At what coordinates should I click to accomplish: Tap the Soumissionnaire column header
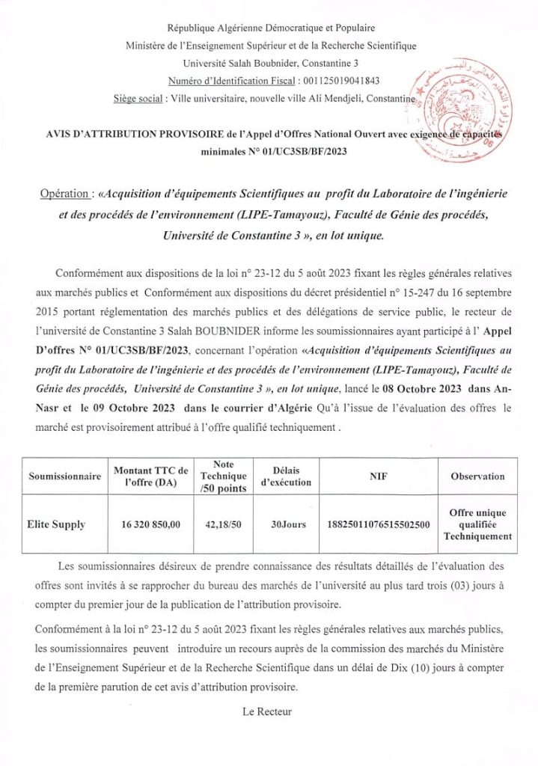(x=64, y=477)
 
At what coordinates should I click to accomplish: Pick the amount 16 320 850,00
(x=150, y=525)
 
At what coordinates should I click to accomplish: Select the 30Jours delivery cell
(x=288, y=525)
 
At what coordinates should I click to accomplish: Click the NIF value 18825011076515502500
(x=379, y=525)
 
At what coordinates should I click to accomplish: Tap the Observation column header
(x=477, y=477)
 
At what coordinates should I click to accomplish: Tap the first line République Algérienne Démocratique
(x=272, y=28)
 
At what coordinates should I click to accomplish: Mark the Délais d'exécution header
(x=288, y=477)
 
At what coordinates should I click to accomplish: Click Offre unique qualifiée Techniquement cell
(x=477, y=524)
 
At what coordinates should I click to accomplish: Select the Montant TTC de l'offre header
(x=150, y=477)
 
